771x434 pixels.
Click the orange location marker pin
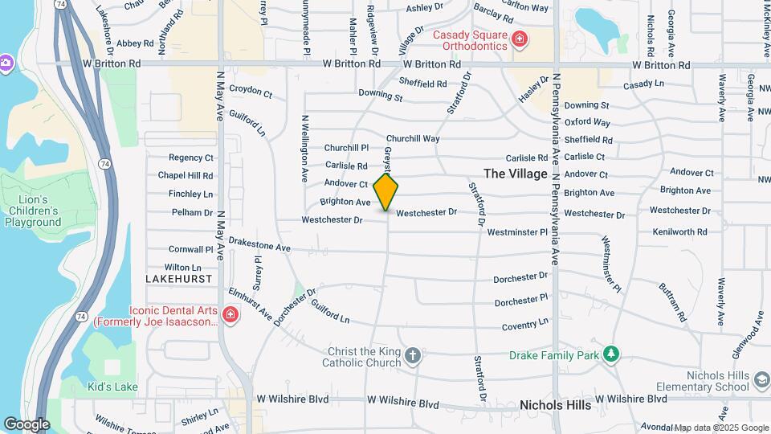386,191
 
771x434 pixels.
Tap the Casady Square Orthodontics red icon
520,39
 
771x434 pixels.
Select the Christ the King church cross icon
413,355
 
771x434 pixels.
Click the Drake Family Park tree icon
611,354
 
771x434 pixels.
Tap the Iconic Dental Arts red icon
230,313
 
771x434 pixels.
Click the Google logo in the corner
26,424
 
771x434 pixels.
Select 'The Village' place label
515,174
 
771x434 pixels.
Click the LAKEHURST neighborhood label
179,278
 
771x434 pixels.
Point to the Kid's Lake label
112,387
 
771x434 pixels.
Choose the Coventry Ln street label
525,324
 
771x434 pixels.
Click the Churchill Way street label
413,138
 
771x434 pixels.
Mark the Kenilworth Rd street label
679,231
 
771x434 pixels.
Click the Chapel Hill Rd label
185,175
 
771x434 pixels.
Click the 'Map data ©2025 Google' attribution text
720,428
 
